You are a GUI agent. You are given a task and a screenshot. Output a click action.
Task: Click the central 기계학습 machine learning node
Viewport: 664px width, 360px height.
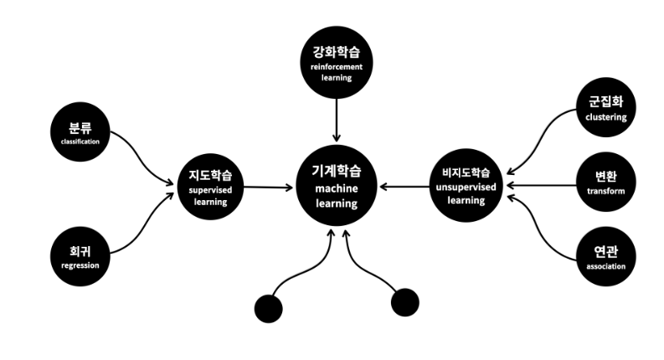[336, 186]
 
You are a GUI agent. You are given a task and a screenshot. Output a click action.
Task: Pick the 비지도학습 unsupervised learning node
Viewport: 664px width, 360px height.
[466, 186]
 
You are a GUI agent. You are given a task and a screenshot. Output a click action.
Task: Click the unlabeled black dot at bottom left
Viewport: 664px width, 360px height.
[268, 308]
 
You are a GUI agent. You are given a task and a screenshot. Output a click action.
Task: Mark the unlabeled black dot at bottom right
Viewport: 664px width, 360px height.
[404, 301]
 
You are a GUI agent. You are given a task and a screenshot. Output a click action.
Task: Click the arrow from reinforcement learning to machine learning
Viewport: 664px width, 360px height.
[336, 117]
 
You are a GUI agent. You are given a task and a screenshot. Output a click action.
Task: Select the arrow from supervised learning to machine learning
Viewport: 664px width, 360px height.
[266, 187]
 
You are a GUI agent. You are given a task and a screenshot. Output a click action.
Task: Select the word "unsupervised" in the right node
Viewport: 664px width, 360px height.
[466, 188]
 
